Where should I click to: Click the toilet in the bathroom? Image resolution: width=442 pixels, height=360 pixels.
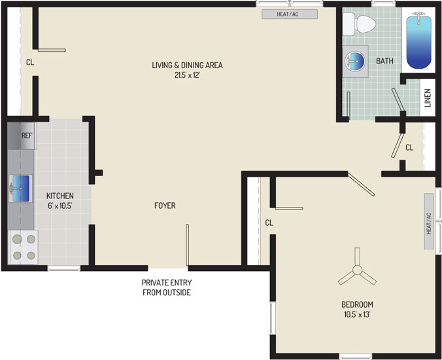point(360,24)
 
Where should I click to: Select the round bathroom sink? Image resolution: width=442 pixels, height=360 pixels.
point(355,60)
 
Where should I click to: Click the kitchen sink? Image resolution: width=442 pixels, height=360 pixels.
point(20,189)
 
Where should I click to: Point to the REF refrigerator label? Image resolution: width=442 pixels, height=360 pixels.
point(27,135)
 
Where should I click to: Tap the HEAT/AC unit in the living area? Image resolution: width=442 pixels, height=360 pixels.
point(290,14)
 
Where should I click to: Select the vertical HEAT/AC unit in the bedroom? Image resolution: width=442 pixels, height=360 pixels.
point(429,221)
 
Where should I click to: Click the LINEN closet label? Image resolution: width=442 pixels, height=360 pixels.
point(428,98)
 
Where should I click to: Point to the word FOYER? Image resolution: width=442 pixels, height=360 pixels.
point(165,206)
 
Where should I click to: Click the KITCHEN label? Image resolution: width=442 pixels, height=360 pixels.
point(60,196)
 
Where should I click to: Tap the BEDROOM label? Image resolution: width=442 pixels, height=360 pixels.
point(357,304)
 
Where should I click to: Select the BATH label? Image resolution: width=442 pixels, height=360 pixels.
point(384,61)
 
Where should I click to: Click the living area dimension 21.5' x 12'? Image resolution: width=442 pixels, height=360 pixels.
point(187,75)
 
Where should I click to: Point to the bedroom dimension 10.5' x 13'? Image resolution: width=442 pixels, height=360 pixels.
point(357,314)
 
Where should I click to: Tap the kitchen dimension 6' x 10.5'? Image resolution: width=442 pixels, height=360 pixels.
point(59,206)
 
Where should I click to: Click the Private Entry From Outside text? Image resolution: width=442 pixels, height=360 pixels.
point(167,287)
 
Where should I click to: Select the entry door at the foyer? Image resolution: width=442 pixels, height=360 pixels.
point(187,245)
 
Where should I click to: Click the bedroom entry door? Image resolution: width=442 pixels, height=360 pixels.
point(361,184)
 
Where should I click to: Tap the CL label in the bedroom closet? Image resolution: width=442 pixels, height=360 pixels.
point(269,223)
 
